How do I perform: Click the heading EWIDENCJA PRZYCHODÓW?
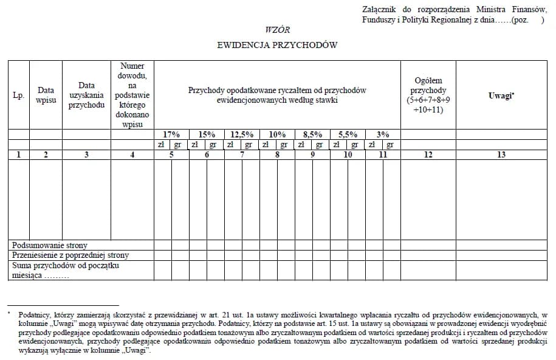277,45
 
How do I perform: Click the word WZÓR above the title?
278,30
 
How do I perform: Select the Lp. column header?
18,95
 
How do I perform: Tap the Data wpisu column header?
46,95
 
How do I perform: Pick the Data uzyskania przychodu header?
86,95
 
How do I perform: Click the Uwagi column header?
501,95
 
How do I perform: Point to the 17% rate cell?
171,134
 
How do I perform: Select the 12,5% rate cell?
242,134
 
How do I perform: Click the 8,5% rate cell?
312,134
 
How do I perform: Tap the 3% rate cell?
383,134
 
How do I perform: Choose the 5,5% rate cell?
348,134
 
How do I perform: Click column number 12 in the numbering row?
428,154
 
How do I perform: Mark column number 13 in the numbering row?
501,154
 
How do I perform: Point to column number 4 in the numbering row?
132,154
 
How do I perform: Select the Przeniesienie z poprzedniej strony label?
70,255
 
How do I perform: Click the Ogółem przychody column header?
428,95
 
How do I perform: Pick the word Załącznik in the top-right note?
379,10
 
